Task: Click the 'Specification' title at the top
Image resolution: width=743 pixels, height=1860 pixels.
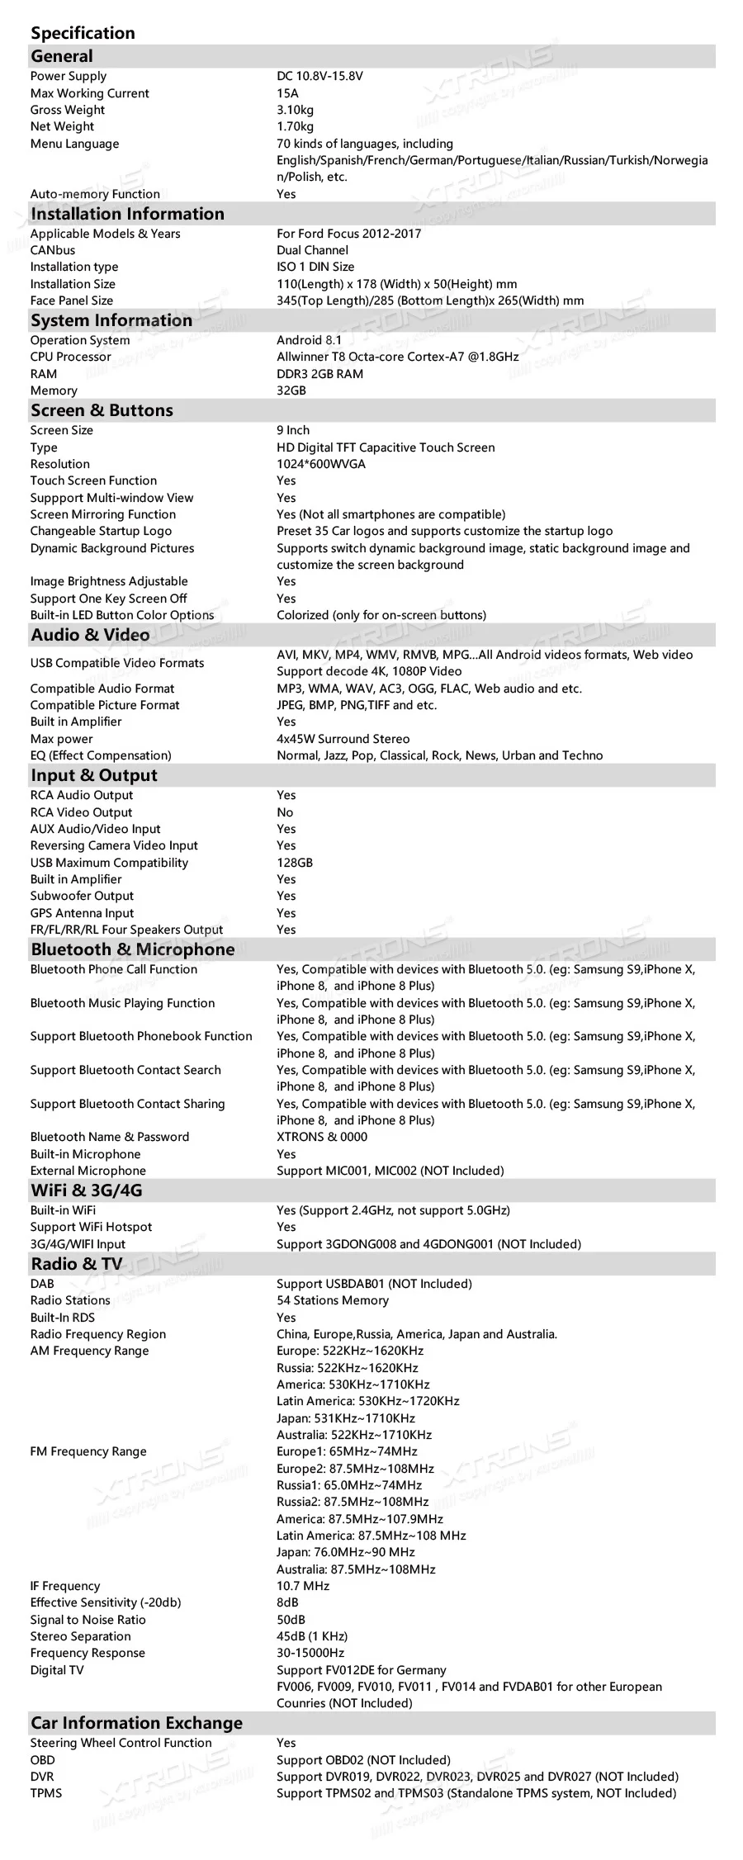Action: (x=83, y=33)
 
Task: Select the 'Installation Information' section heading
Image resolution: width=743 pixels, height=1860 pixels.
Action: (x=127, y=214)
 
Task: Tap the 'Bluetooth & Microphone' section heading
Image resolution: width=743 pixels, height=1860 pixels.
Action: (x=132, y=949)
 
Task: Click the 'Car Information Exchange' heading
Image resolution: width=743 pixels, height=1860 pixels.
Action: (x=136, y=1723)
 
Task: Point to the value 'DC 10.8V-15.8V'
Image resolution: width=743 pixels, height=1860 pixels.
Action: (x=319, y=76)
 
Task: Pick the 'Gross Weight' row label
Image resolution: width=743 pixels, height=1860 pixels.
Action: (x=68, y=110)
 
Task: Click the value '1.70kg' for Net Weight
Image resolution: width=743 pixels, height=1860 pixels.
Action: (x=295, y=126)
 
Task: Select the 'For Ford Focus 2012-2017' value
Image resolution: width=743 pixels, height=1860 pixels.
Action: (x=348, y=234)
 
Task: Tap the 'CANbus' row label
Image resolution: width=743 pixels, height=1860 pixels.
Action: (x=53, y=250)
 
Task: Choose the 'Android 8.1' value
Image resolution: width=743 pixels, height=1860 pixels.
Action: (x=309, y=340)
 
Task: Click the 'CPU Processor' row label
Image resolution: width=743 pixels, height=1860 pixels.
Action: (x=70, y=357)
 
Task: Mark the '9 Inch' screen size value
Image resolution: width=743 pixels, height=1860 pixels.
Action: (x=293, y=430)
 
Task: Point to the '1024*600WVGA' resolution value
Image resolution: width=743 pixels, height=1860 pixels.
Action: (x=320, y=464)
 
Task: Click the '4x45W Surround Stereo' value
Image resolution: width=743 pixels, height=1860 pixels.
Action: (x=343, y=739)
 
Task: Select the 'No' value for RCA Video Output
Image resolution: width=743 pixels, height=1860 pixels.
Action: (x=285, y=812)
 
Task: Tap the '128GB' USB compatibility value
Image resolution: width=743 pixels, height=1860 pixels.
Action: (x=294, y=863)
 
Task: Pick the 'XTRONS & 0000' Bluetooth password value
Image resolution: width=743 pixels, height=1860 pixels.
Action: (x=322, y=1137)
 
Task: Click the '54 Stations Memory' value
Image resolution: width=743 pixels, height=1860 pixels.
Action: (x=332, y=1300)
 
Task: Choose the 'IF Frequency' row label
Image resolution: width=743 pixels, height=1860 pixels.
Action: (x=65, y=1586)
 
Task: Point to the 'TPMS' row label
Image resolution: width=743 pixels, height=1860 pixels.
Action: (x=46, y=1793)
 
